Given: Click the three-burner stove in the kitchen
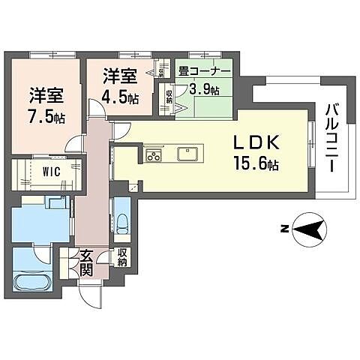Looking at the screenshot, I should (x=154, y=156).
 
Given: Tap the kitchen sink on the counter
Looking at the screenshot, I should (x=187, y=154).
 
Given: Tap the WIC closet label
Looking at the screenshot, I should (x=31, y=171).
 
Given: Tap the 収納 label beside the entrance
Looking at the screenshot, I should (x=121, y=258).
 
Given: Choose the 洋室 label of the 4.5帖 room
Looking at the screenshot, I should (x=119, y=76).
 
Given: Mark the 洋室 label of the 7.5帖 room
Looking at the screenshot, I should (x=45, y=96).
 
